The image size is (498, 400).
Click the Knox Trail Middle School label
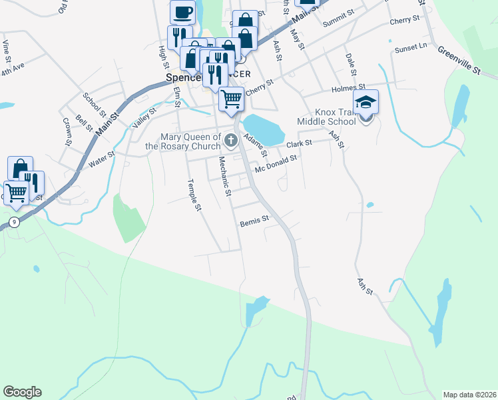pyautogui.click(x=326, y=117)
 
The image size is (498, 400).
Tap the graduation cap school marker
pyautogui.click(x=366, y=103)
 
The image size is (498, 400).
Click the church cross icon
pyautogui.click(x=231, y=140)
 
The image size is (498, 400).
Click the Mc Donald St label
pyautogui.click(x=275, y=164)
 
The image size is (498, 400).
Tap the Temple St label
pyautogui.click(x=194, y=195)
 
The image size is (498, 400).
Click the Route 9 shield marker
pyautogui.click(x=14, y=222)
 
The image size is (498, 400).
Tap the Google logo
pyautogui.click(x=21, y=392)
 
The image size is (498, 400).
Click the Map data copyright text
pyautogui.click(x=469, y=395)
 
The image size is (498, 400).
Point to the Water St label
pyautogui.click(x=102, y=158)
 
